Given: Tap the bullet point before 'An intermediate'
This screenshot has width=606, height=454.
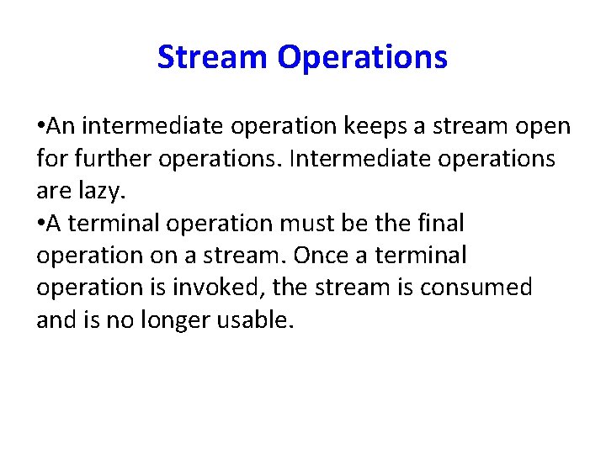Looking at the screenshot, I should (40, 127).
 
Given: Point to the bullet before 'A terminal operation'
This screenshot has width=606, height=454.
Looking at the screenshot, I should (40, 224).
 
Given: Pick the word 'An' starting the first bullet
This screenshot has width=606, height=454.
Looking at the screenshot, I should (61, 127).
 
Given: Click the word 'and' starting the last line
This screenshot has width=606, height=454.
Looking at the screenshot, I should (55, 319).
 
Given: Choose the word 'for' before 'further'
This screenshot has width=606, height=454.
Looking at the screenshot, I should (50, 159).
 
